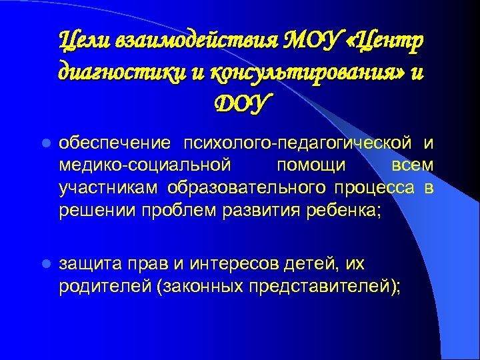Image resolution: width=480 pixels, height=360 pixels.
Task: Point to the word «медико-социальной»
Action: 145,163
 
